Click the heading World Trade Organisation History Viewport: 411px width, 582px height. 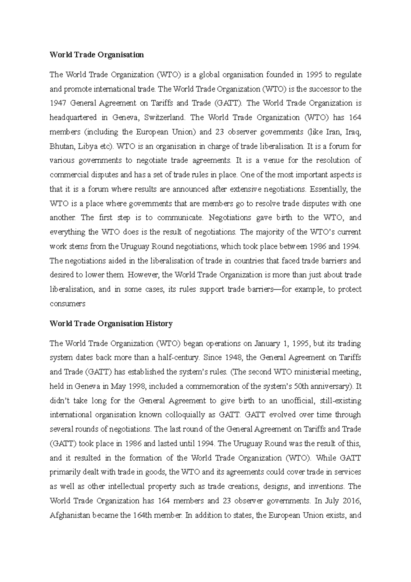pos(111,324)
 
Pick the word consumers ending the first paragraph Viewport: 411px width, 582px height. pos(67,304)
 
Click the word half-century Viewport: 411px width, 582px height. pos(178,358)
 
